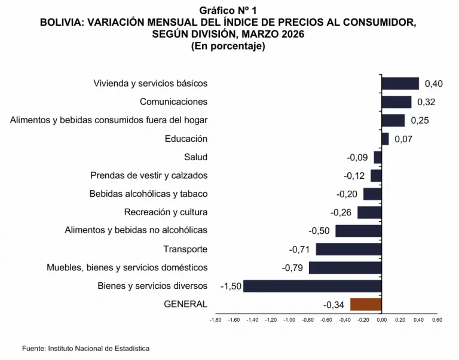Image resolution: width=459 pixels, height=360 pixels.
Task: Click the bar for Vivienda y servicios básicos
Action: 400,84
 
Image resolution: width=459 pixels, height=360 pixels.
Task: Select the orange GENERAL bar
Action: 366,304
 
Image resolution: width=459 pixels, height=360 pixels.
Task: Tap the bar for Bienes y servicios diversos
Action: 312,286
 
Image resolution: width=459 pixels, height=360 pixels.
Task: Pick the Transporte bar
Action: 348,249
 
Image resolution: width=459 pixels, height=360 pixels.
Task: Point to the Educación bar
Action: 385,139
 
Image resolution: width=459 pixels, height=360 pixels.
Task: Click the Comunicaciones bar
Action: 396,102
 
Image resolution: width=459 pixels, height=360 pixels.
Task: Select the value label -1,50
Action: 231,286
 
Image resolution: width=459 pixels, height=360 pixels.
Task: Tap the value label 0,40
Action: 433,84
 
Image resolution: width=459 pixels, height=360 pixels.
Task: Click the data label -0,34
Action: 333,305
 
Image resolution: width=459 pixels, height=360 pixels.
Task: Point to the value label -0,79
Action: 292,268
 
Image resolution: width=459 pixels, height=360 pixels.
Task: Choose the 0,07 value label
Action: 403,139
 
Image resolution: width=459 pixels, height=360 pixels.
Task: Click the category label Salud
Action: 196,157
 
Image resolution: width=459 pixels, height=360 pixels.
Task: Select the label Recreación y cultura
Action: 166,212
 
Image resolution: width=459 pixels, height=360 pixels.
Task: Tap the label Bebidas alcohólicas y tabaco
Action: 148,194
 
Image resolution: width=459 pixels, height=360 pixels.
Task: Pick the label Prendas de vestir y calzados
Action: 149,176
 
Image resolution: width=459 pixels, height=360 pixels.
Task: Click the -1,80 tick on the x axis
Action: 216,320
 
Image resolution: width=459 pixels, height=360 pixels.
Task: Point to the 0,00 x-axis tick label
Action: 381,320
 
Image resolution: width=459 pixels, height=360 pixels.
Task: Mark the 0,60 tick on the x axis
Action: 437,320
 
